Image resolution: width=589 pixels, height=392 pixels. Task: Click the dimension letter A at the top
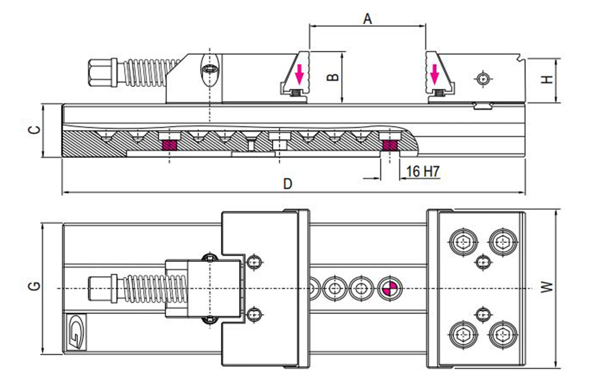point(368,19)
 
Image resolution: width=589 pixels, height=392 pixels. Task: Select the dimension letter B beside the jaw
point(333,77)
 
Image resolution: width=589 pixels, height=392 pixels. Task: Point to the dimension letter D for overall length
point(288,184)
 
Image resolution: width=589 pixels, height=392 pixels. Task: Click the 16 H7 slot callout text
point(423,172)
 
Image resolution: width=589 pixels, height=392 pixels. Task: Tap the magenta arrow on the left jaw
point(300,73)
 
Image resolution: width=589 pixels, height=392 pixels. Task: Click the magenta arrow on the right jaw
point(435,73)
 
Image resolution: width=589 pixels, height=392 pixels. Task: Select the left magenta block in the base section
point(169,145)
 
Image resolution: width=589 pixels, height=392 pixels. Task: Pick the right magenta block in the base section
point(390,145)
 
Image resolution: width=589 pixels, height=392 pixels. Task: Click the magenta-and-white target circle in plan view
point(389,289)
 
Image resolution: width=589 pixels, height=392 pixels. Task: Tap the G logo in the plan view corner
point(76,332)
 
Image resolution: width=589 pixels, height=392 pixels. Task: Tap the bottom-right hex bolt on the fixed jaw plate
point(503,335)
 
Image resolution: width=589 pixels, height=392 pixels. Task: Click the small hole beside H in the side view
point(483,79)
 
